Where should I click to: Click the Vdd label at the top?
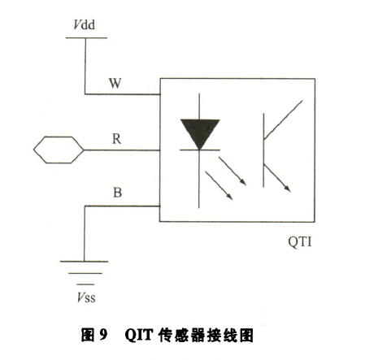tap(84, 24)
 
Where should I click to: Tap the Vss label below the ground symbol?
tap(86, 297)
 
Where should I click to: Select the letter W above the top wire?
tap(115, 83)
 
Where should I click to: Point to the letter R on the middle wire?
tap(116, 139)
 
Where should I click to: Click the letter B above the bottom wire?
tap(117, 193)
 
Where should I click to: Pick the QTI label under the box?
tap(300, 241)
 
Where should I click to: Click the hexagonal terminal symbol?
tap(59, 150)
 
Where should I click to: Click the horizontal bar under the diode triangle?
tap(200, 150)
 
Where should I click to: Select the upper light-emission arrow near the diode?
tap(232, 171)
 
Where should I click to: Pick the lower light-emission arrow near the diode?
tap(219, 186)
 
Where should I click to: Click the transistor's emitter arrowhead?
tap(287, 188)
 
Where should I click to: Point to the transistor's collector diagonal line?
tap(283, 120)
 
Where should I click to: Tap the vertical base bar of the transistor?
tap(263, 150)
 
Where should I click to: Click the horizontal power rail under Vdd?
tap(86, 38)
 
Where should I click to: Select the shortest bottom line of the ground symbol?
tap(85, 284)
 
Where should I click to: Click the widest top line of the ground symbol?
tap(84, 262)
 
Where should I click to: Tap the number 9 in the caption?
tap(103, 335)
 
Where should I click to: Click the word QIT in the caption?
tap(139, 335)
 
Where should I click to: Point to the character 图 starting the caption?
tap(88, 335)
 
